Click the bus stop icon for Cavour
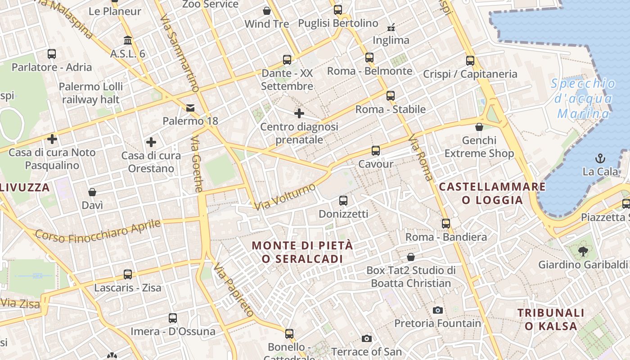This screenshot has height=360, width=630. pyautogui.click(x=376, y=151)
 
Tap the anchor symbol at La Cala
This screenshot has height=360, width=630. pyautogui.click(x=600, y=158)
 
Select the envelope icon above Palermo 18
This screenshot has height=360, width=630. pyautogui.click(x=190, y=108)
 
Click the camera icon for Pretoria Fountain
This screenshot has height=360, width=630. pyautogui.click(x=437, y=310)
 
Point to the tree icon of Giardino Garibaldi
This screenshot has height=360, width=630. pyautogui.click(x=583, y=251)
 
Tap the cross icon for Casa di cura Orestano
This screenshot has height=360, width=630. pyautogui.click(x=151, y=143)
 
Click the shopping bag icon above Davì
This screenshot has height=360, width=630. pyautogui.click(x=92, y=192)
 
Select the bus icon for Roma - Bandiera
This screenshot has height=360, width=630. pyautogui.click(x=446, y=223)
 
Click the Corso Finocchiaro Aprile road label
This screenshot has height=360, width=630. pyautogui.click(x=98, y=230)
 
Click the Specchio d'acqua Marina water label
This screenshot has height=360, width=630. pyautogui.click(x=584, y=98)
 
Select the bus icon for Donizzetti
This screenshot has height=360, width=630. pyautogui.click(x=343, y=200)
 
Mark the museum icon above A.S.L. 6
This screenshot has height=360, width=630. pyautogui.click(x=128, y=40)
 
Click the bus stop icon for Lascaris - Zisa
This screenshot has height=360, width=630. pyautogui.click(x=128, y=274)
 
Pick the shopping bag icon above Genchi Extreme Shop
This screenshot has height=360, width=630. pyautogui.click(x=479, y=127)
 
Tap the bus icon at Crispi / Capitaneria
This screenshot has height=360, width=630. pyautogui.click(x=470, y=60)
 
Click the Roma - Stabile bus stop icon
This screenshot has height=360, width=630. pyautogui.click(x=391, y=95)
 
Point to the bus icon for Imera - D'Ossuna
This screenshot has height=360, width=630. pyautogui.click(x=173, y=318)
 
